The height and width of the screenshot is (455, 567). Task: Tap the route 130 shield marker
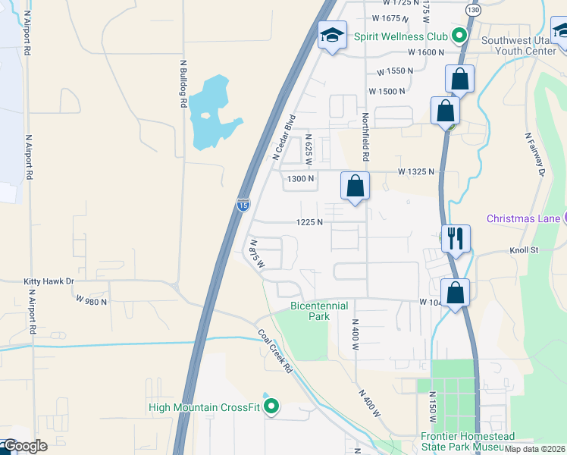[473, 10]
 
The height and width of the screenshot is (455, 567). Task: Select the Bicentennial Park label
[319, 311]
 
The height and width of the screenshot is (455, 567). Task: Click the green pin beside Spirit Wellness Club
[459, 35]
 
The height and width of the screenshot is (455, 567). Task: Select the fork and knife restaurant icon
[456, 237]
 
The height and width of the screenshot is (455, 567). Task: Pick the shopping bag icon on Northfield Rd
[355, 186]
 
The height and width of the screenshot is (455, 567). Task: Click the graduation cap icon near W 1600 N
[331, 36]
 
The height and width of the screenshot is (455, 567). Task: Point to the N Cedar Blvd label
[283, 136]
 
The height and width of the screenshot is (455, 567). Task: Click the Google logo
[24, 446]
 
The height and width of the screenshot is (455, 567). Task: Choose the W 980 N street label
[92, 301]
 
